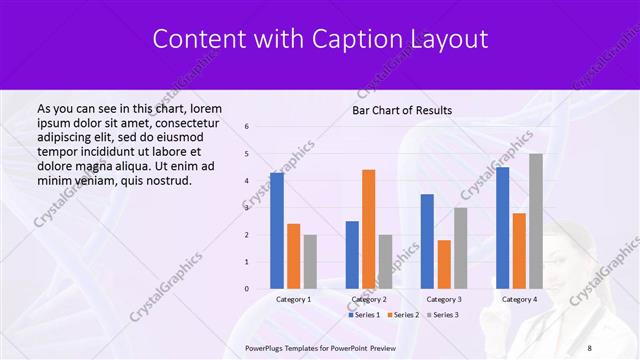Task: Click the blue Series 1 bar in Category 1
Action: coord(277,231)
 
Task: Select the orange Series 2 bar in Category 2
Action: coord(368,229)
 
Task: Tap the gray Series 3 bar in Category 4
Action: coord(536,221)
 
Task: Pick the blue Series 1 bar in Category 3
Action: coord(427,241)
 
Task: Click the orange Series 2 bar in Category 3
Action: coord(444,264)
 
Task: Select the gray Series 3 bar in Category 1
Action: coord(310,262)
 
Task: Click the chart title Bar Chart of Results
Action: coord(402,110)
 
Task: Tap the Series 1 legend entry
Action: coord(364,315)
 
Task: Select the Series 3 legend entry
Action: coord(442,315)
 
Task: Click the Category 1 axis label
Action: coord(293,299)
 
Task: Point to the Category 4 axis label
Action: coord(519,299)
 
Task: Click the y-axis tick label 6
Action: coord(247,127)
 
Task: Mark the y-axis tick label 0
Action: coord(247,289)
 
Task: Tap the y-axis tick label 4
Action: coord(247,181)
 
